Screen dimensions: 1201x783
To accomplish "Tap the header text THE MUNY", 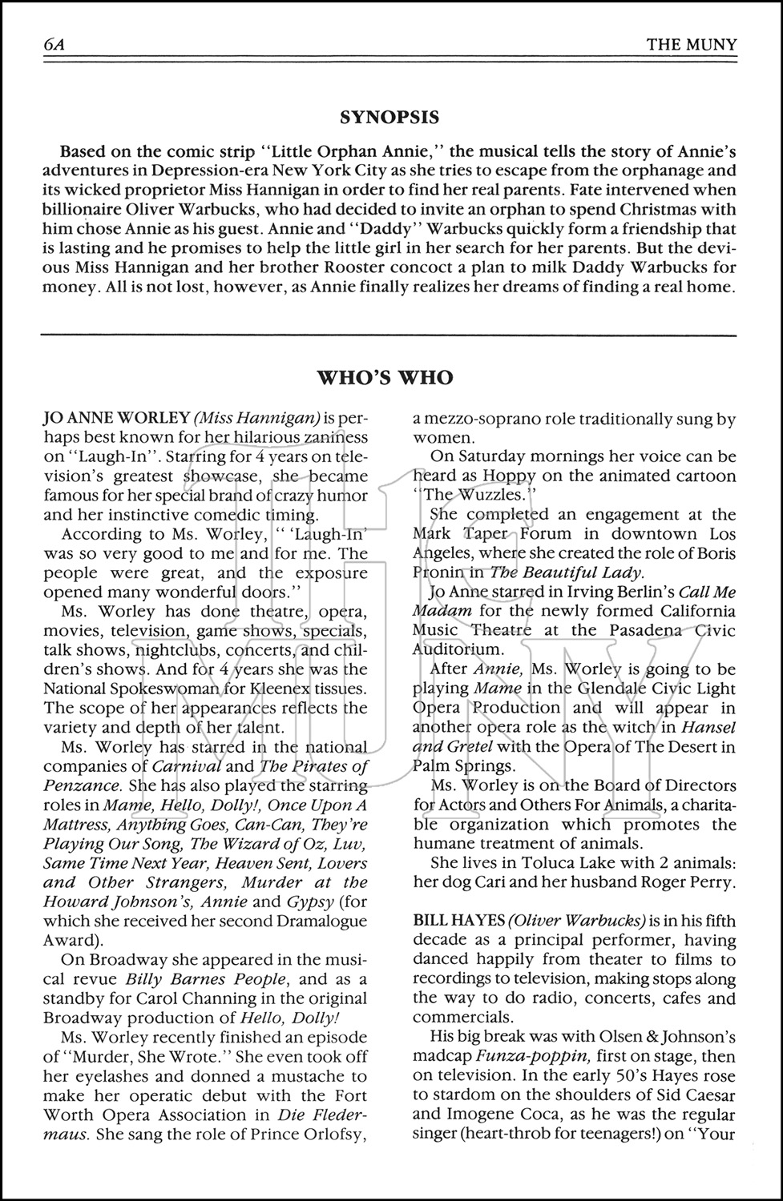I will (691, 44).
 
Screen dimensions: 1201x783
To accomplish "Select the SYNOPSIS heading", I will (389, 118).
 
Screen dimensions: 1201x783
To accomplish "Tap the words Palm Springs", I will (460, 765).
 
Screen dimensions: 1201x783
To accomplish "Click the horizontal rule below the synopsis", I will (389, 333).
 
